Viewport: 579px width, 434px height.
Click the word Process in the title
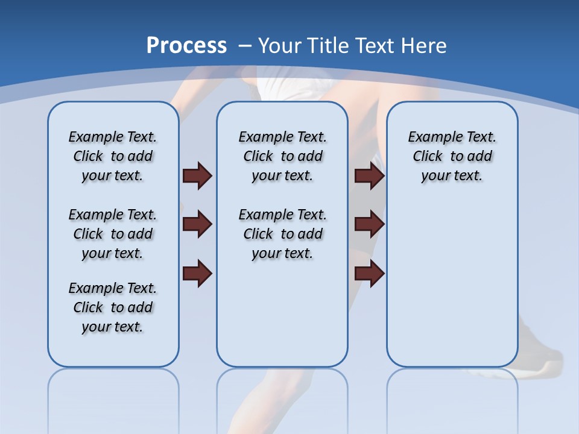(x=186, y=45)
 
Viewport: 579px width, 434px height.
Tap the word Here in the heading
(x=426, y=46)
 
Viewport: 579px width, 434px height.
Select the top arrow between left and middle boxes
(x=197, y=176)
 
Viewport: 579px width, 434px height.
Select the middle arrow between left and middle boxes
(x=197, y=225)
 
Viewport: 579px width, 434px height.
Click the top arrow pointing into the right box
(x=369, y=176)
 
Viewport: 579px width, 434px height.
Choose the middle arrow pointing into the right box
(x=369, y=225)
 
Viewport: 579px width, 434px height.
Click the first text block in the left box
(x=113, y=156)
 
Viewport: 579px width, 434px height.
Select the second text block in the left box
(x=113, y=234)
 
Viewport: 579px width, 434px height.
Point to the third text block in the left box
(x=113, y=307)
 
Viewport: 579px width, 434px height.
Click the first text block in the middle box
(x=282, y=156)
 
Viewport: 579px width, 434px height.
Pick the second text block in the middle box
(x=282, y=234)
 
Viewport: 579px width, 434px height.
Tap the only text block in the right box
(x=452, y=156)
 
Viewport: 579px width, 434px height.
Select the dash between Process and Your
(x=245, y=46)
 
